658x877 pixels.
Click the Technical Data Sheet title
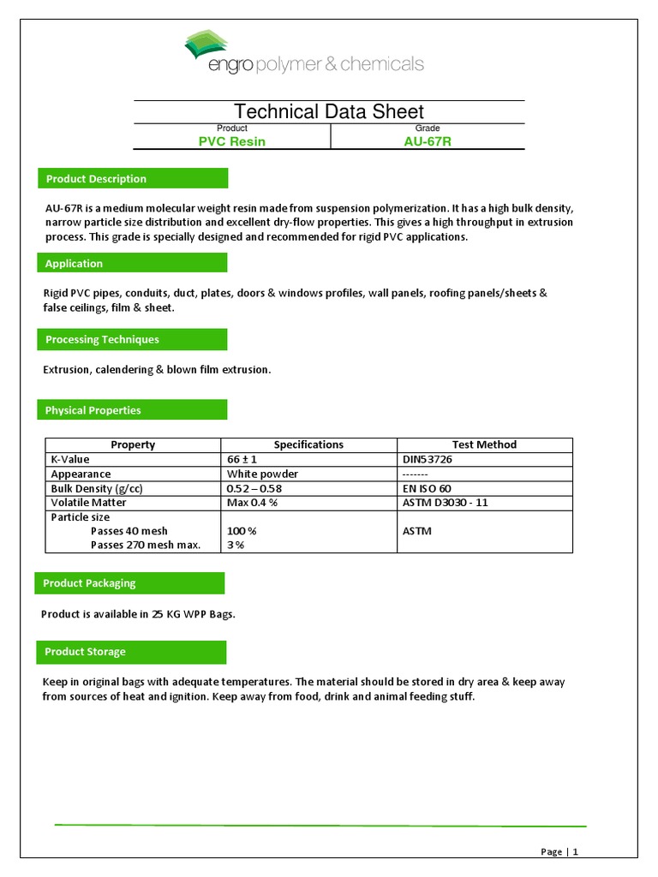pos(329,111)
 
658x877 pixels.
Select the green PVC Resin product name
pos(231,141)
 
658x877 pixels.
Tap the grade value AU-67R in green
pos(427,141)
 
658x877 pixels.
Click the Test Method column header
pos(484,444)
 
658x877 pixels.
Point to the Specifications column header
pos(308,444)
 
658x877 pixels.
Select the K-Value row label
pos(70,459)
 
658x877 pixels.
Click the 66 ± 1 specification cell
pos(242,459)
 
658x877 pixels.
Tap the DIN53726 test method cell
pos(428,459)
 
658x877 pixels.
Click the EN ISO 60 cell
pos(427,488)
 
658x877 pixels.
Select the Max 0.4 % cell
pos(252,503)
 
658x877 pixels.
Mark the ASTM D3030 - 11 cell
pos(445,503)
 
